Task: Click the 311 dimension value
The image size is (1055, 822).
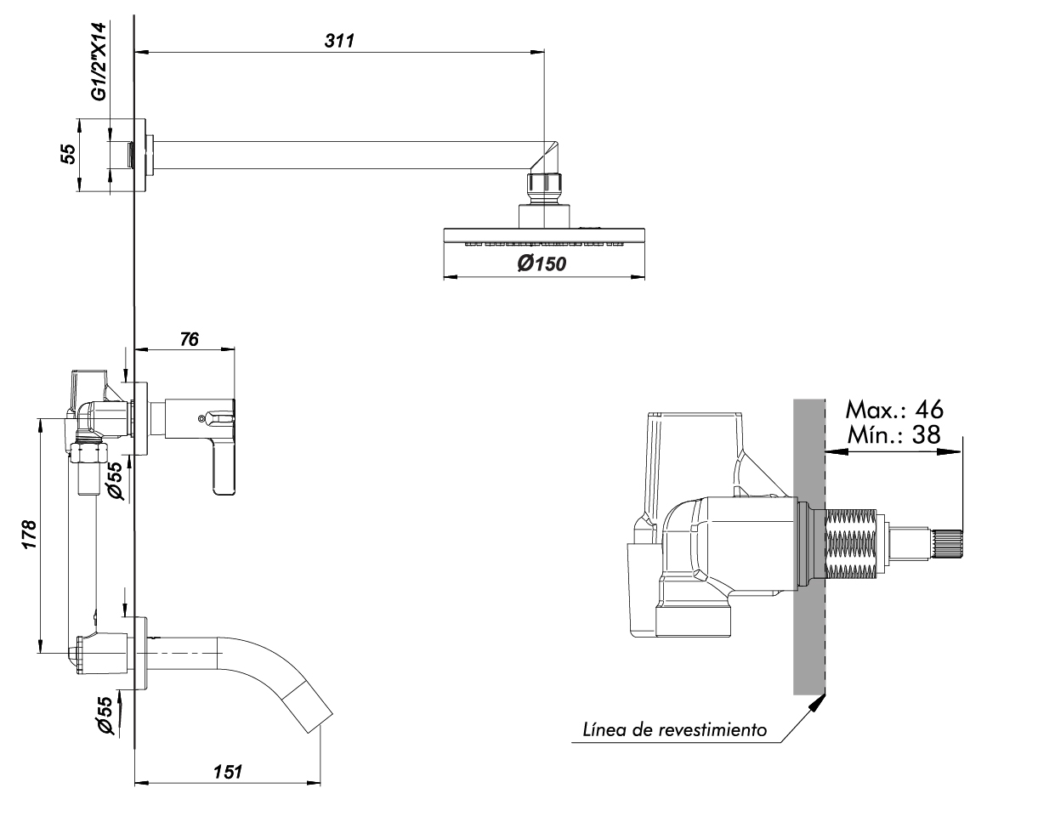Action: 339,41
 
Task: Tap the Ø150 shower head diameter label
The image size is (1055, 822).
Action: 542,264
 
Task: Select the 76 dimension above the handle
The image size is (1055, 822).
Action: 189,339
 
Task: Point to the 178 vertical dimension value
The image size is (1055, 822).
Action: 30,534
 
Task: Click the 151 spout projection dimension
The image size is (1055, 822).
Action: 227,772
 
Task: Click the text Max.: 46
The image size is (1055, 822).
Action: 894,410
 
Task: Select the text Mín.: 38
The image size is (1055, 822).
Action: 893,434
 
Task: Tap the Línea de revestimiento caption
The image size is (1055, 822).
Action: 675,730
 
